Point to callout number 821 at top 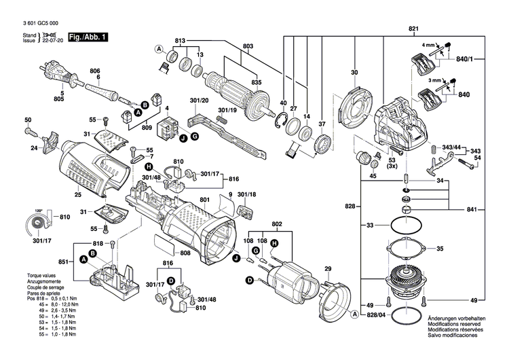[413, 28]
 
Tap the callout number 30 [354, 72]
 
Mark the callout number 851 [62, 261]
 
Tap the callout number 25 [78, 195]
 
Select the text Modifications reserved [456, 324]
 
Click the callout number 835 [256, 83]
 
